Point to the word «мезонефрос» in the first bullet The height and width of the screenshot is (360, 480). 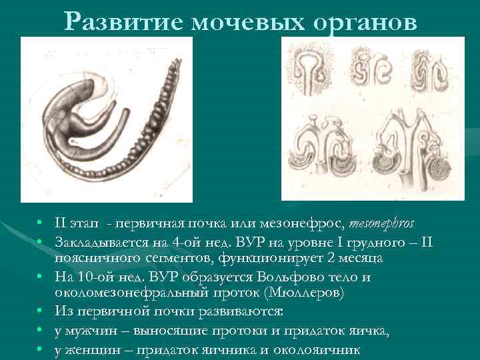click(305, 221)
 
